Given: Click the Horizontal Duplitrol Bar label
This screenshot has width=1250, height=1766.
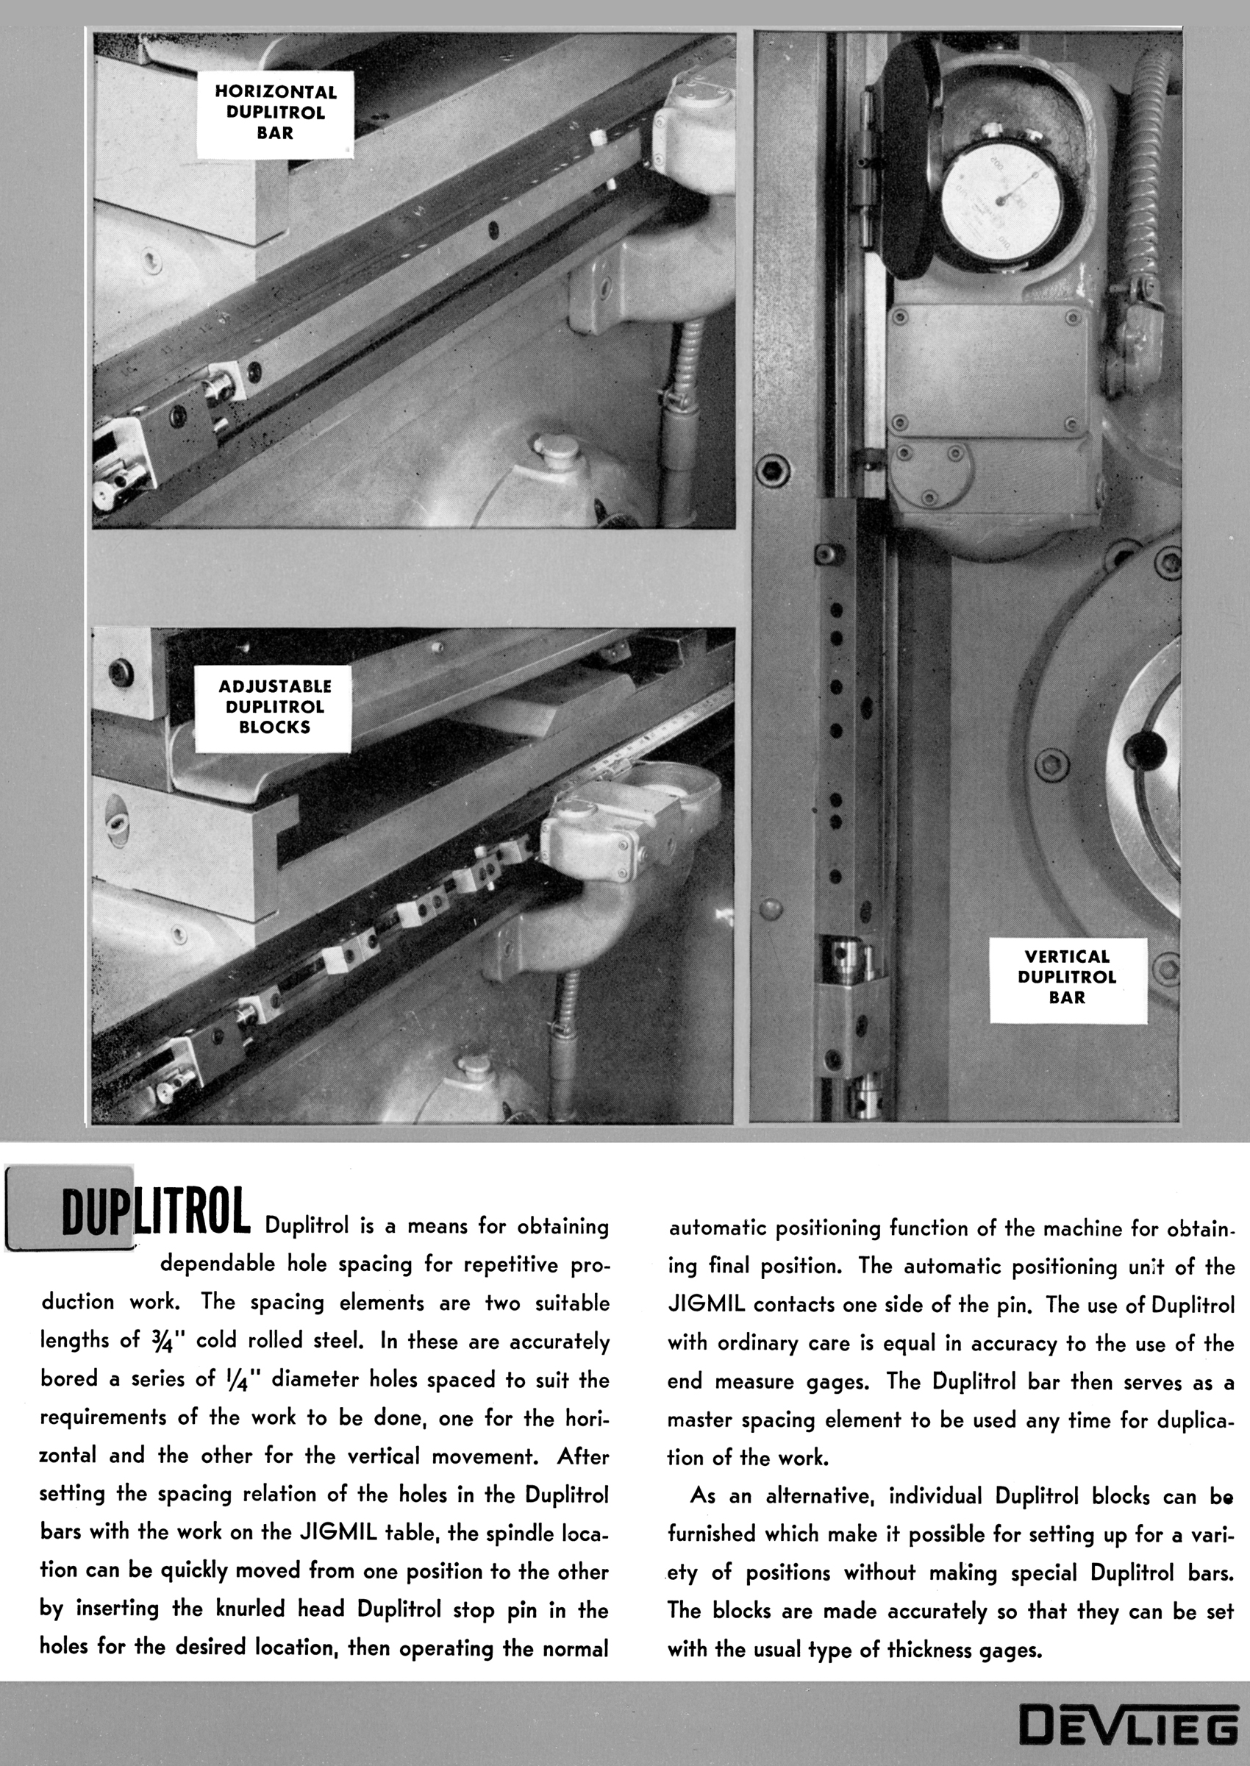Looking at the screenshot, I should point(276,113).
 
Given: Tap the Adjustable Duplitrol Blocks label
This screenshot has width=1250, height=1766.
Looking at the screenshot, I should point(275,708).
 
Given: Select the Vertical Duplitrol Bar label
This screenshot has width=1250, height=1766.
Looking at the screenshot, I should point(1067,978).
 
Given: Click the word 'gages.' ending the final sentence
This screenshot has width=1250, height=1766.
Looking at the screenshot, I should point(1005,1648).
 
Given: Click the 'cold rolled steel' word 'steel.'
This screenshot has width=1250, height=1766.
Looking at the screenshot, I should point(333,1341).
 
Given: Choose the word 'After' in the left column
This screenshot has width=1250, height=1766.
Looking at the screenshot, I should point(582,1456).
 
